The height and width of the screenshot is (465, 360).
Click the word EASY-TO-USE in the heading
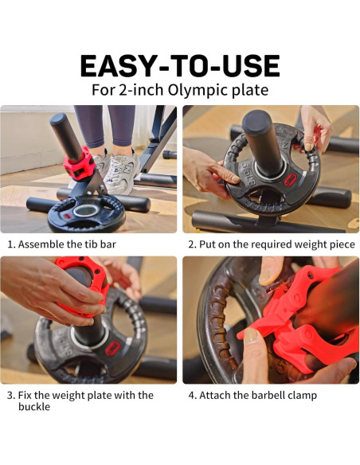point(179,64)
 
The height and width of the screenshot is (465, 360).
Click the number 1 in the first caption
point(10,244)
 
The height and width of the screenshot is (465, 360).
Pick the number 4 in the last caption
point(191,395)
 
